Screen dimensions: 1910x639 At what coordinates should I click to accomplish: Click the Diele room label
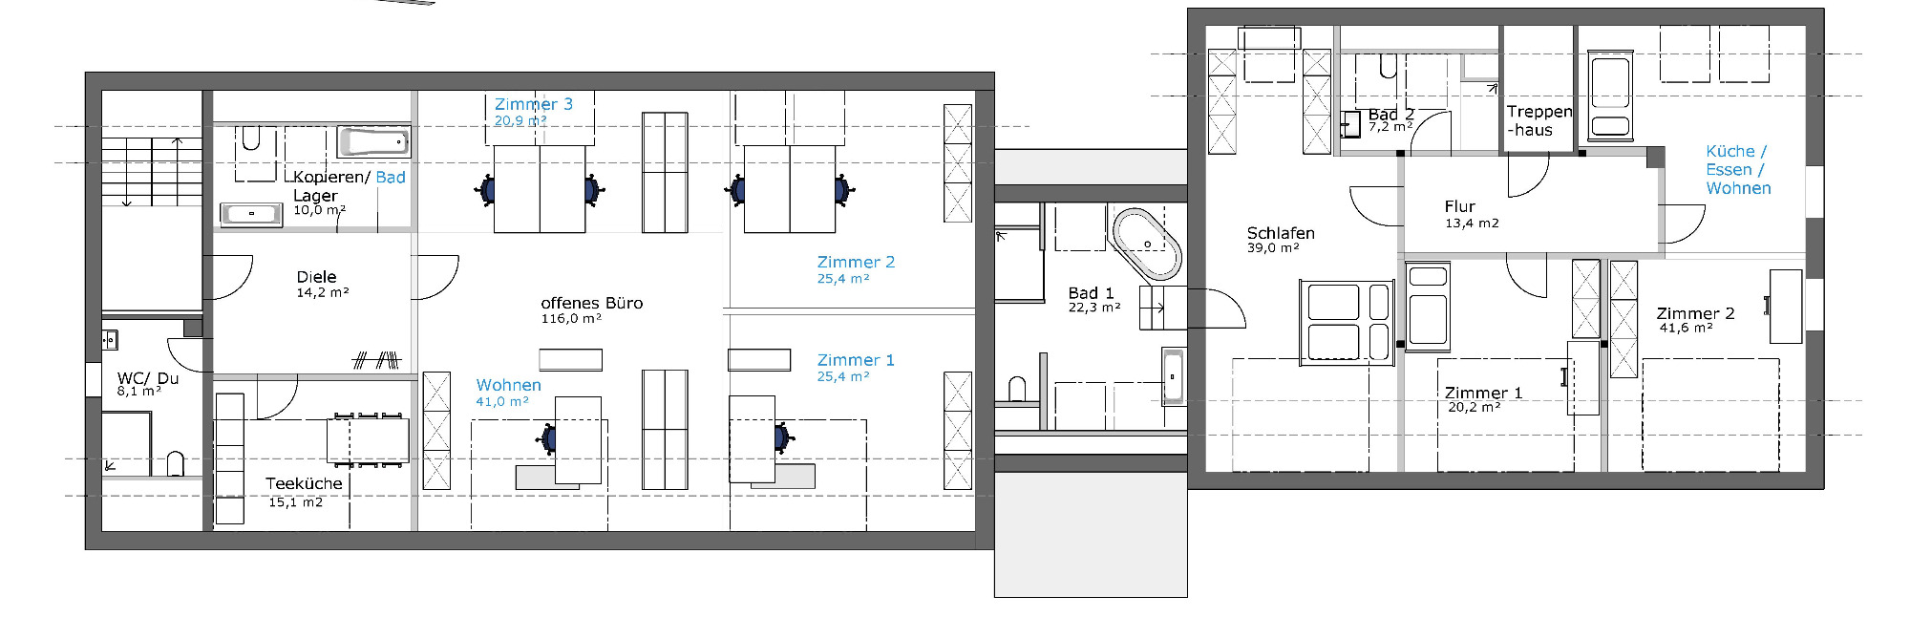click(x=316, y=277)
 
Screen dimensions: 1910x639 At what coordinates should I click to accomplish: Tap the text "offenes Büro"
click(x=592, y=303)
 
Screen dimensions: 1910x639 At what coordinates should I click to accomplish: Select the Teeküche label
click(x=304, y=483)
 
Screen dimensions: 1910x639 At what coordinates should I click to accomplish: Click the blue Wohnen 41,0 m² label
click(x=508, y=392)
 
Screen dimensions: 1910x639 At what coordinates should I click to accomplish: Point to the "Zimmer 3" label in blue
click(x=534, y=104)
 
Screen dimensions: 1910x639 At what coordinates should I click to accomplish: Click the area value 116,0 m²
click(x=571, y=319)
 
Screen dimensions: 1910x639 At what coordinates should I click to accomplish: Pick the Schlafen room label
click(x=1281, y=233)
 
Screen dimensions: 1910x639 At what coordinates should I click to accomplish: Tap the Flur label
click(x=1459, y=206)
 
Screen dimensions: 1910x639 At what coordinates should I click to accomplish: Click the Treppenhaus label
click(x=1539, y=120)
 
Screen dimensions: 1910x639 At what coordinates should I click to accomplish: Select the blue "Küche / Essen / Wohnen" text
click(x=1738, y=170)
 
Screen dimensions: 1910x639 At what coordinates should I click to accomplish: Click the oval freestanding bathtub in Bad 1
click(x=1147, y=244)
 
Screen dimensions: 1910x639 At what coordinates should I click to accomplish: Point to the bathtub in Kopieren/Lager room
click(x=373, y=142)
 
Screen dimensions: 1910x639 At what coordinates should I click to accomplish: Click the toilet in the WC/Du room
click(x=176, y=464)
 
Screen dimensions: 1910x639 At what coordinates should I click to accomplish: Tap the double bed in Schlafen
click(x=1347, y=322)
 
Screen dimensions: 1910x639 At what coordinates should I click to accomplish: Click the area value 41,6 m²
click(x=1686, y=328)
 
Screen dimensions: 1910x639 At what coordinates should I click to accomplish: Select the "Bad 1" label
click(x=1092, y=293)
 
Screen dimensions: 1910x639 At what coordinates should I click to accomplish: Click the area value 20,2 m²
click(x=1474, y=407)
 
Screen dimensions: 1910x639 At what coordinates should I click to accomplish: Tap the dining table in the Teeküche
click(x=368, y=440)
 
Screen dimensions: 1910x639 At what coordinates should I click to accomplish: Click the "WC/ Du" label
click(x=148, y=378)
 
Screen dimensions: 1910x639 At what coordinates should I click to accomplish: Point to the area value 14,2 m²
click(x=323, y=292)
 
